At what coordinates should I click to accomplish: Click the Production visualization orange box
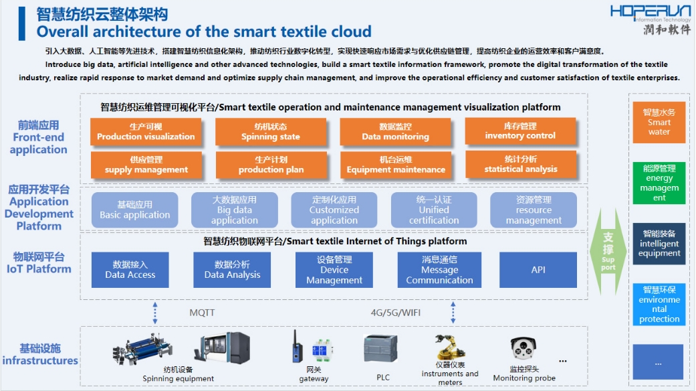coord(146,132)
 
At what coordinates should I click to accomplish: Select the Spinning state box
coord(271,132)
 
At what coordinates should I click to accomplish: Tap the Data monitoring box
coord(395,132)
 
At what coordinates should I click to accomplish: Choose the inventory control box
coord(520,131)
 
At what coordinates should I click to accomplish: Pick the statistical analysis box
coord(520,164)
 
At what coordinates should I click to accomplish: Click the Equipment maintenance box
coord(395,165)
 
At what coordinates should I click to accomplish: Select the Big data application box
coord(234,210)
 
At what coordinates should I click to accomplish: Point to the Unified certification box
coord(434,210)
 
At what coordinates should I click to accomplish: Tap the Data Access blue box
coord(130,270)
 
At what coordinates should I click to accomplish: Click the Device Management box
coord(334,270)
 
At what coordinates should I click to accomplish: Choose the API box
coord(538,270)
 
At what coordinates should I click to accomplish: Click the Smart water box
coord(659,122)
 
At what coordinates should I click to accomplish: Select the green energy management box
coord(659,183)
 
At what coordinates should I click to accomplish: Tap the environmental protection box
coord(659,305)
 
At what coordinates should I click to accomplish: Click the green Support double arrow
coord(608,251)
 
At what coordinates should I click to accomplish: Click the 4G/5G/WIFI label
coord(396,313)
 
